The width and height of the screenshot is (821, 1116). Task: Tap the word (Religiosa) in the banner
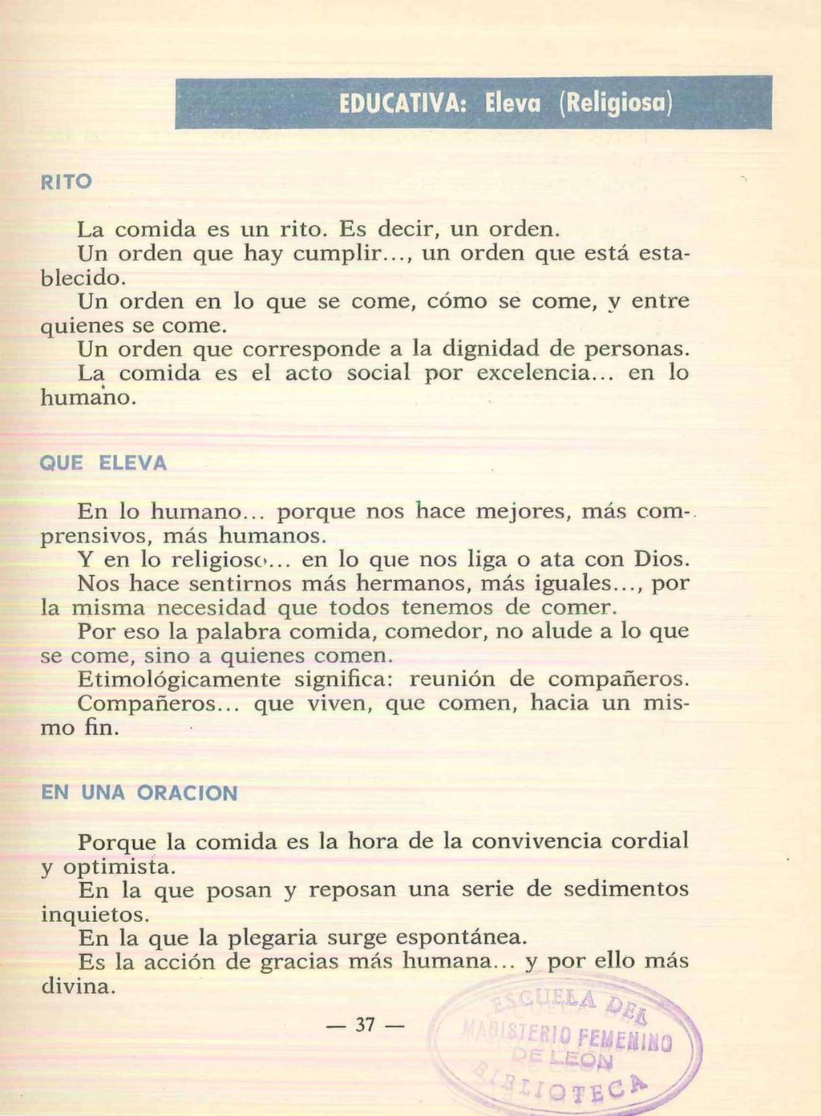tap(614, 103)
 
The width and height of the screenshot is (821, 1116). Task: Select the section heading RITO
tap(66, 182)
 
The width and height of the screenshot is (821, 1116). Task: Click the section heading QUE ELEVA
tap(103, 463)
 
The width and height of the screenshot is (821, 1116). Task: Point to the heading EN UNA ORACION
tap(140, 793)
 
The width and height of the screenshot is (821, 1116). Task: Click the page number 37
tap(366, 1025)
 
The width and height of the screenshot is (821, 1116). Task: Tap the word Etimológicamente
tap(180, 679)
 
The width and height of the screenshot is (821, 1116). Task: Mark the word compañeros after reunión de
tap(618, 679)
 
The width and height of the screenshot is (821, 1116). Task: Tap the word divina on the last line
tap(78, 985)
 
